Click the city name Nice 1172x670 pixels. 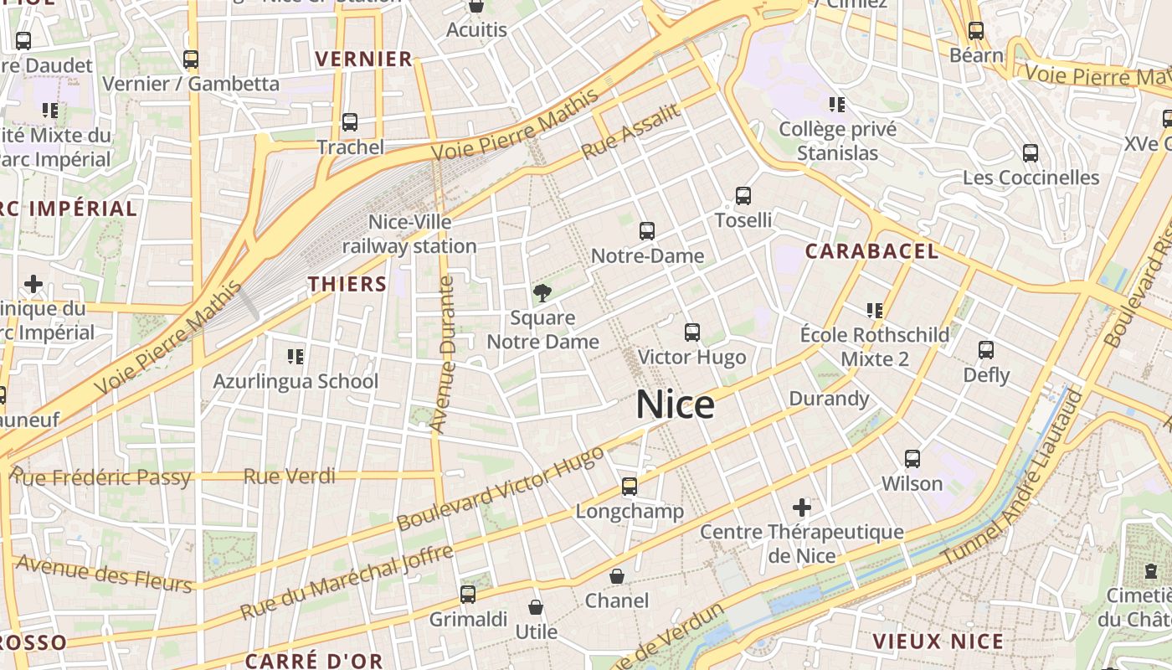[x=675, y=405]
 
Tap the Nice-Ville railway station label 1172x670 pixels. [x=409, y=234]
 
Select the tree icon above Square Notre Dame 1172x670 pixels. [x=542, y=293]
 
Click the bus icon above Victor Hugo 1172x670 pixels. [x=691, y=332]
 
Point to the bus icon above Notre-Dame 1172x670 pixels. [x=646, y=231]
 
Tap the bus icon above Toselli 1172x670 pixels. [x=743, y=196]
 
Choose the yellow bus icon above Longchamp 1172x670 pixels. [x=629, y=486]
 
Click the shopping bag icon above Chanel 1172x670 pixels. [x=617, y=576]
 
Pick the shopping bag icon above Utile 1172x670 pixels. [x=536, y=607]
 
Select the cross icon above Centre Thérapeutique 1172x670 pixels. [x=802, y=508]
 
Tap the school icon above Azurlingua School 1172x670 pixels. [x=296, y=358]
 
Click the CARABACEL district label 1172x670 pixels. [x=871, y=251]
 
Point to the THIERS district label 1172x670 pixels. [x=347, y=284]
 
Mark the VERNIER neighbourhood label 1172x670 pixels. [x=363, y=59]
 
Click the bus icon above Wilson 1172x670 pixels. [x=912, y=459]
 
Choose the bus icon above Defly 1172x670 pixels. [x=986, y=350]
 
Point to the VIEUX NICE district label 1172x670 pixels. [x=938, y=642]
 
